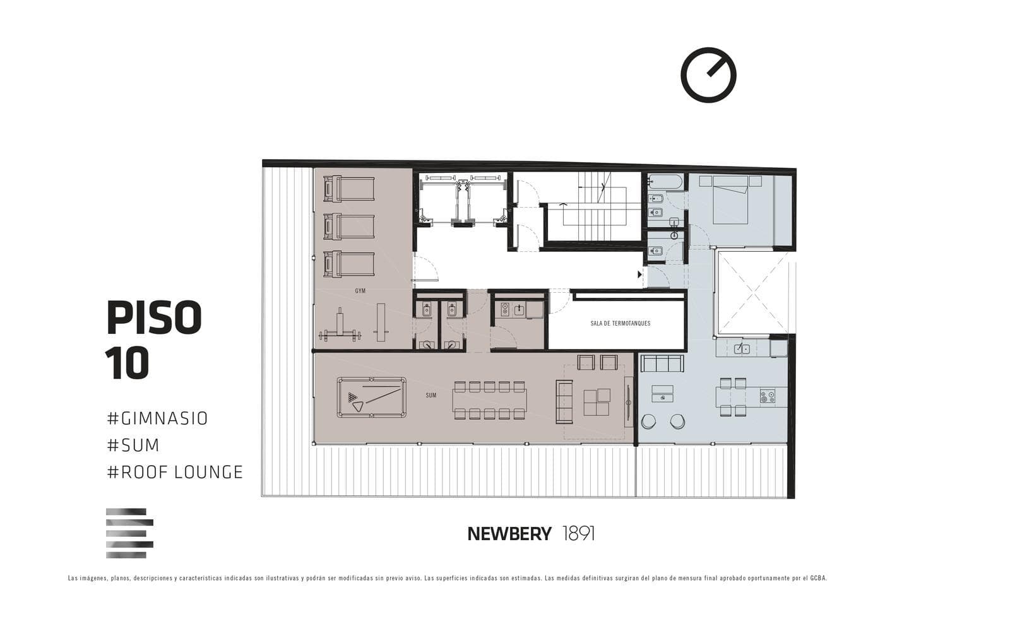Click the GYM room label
[360, 291]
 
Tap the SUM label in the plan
[431, 395]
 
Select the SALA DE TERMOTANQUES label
[620, 323]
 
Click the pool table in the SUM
[372, 397]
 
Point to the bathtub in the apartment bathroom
[665, 182]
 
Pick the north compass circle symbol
[708, 75]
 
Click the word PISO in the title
[154, 318]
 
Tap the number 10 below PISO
[127, 363]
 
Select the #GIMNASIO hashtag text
[157, 418]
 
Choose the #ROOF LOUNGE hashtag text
[175, 472]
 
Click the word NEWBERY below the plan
[509, 534]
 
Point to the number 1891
[579, 534]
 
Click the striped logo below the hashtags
[129, 533]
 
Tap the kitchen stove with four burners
[768, 396]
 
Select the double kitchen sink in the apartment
[742, 348]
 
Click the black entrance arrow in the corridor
[640, 274]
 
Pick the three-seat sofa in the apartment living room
[662, 363]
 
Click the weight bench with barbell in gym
[340, 327]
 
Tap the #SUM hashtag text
[133, 445]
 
